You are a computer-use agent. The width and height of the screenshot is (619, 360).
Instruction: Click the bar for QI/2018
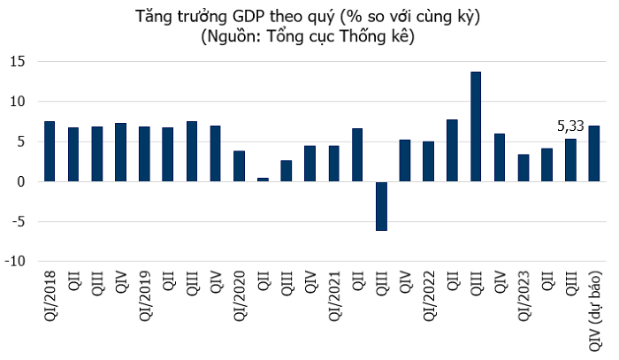coord(50,151)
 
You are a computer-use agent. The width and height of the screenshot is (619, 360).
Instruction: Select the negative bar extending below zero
coord(381,206)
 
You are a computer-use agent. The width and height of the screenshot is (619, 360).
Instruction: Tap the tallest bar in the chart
coord(476,126)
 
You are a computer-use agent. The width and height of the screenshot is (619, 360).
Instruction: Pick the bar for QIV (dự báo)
coord(594,154)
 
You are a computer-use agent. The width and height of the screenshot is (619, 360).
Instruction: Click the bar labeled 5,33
coord(570,160)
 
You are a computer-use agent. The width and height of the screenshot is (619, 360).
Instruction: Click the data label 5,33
coord(571,126)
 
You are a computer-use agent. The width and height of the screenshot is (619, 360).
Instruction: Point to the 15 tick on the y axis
coord(18,62)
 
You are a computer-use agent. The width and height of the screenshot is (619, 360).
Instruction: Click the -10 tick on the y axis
coord(15,262)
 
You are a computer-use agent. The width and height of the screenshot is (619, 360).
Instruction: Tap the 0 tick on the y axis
coord(21,182)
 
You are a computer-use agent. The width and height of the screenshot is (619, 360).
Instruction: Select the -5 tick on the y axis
coord(18,222)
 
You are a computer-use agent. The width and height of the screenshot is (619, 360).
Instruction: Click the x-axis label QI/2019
coord(145,301)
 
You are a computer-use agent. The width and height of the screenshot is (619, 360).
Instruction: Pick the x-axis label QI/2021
coord(334,301)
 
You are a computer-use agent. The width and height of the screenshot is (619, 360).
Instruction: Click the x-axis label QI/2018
coord(50,301)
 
